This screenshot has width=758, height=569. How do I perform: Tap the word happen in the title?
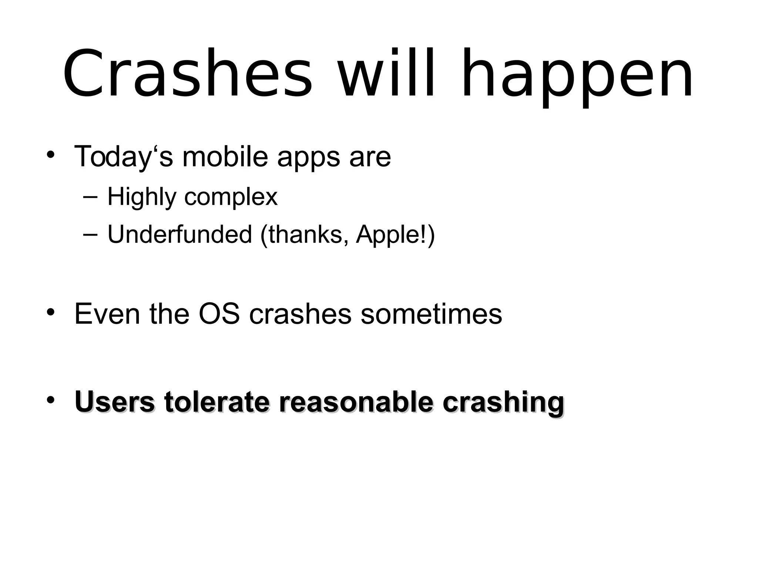tap(577, 76)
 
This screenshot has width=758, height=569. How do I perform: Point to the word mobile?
tap(225, 156)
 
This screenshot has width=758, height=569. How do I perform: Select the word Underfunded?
tap(180, 234)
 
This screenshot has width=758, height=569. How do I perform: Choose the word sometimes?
tap(431, 314)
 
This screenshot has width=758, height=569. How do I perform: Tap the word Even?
tap(107, 314)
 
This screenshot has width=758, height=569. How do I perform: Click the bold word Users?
tap(115, 402)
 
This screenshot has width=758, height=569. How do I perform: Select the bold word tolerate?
tap(217, 402)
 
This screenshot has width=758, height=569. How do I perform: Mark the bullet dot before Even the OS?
tap(51, 312)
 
